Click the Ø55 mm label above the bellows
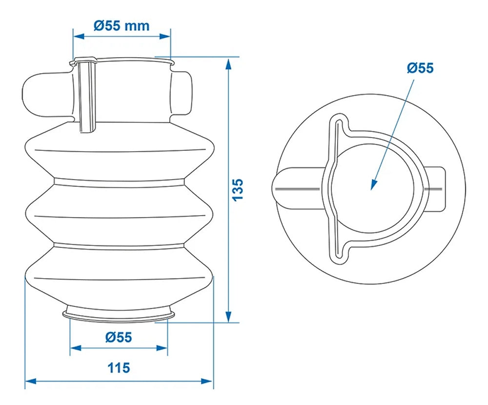tap(122, 25)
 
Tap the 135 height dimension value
tap(237, 189)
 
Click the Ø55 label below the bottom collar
tap(118, 337)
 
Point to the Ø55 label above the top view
tap(420, 68)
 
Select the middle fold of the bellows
tap(120, 212)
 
